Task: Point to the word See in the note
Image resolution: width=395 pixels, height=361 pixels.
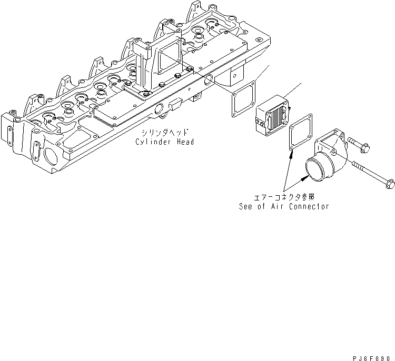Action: pos(246,206)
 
